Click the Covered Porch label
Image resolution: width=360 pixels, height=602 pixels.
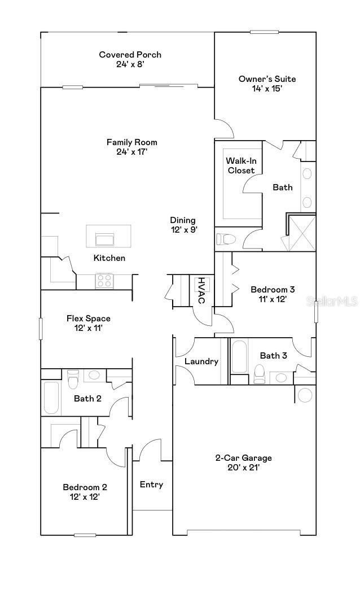[x=130, y=55]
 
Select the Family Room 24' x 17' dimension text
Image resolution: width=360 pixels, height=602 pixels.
[x=131, y=151]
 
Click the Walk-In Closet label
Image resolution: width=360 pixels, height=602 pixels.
[x=240, y=165]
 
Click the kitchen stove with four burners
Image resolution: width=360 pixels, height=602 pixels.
[x=104, y=280]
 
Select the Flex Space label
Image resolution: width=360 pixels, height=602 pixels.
[x=89, y=319]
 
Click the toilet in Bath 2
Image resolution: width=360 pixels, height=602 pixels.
[x=72, y=379]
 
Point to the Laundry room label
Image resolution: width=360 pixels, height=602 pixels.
[x=201, y=361]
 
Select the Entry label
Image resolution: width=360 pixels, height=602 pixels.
[x=151, y=485]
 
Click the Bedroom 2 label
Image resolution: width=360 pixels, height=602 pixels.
[x=85, y=487]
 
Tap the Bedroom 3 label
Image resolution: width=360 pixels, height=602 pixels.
[x=273, y=290]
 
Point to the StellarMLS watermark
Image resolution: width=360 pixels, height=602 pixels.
[x=332, y=302]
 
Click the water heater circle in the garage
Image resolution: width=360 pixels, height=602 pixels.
[x=305, y=395]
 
